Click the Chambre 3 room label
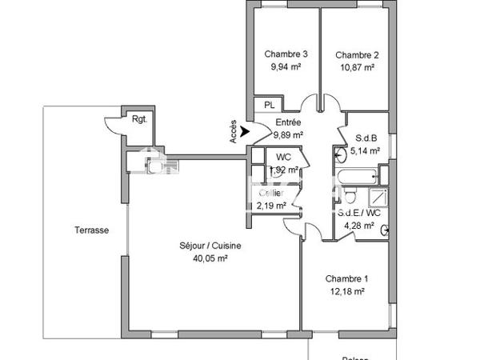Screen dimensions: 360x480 [286, 54]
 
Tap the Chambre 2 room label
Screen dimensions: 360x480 [357, 54]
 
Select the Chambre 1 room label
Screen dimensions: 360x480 [346, 278]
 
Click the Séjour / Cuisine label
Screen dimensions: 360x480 [210, 246]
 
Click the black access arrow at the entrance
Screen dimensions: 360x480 [245, 129]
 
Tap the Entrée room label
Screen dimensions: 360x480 [288, 122]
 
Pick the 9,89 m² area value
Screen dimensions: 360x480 [287, 135]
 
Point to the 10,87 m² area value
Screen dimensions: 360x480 [357, 67]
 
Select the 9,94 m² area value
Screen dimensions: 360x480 [286, 67]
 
